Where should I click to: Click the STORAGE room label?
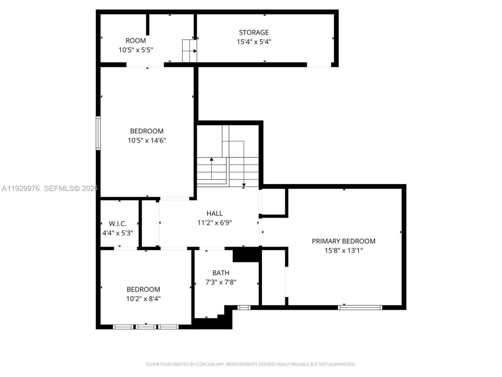click(254, 33)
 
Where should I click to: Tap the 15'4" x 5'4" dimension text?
click(254, 42)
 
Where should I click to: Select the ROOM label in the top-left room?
click(136, 40)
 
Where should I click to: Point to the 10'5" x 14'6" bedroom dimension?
click(147, 140)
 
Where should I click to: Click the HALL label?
click(215, 213)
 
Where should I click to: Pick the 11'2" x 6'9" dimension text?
click(215, 223)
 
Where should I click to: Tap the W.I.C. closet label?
click(118, 223)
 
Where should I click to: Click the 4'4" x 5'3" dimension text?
click(118, 233)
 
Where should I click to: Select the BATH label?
click(221, 273)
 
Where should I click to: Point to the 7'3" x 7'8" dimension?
click(221, 282)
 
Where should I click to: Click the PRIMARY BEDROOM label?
click(344, 241)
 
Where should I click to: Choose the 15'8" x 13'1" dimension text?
click(344, 251)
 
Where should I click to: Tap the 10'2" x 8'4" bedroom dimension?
click(143, 298)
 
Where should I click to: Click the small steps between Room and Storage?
click(189, 51)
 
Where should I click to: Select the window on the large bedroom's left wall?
click(98, 133)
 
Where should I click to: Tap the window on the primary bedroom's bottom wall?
click(360, 307)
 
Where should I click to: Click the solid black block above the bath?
click(246, 255)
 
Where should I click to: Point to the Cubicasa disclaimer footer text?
click(251, 364)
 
